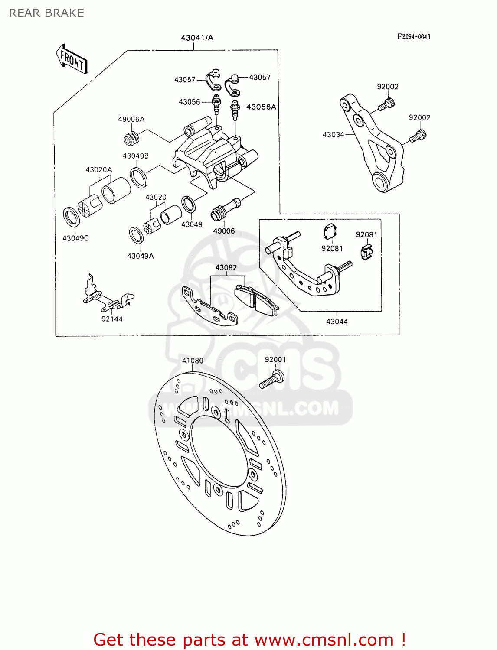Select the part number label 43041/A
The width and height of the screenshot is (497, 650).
197,38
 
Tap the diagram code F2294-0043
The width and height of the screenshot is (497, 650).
414,37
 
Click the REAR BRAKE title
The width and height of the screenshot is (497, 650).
47,13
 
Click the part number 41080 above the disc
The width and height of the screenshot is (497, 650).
193,361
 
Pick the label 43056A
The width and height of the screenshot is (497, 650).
261,107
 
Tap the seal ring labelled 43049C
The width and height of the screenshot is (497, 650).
72,216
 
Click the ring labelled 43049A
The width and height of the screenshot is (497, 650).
137,235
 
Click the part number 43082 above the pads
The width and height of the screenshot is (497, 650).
226,267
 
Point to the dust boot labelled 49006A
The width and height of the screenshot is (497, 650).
131,138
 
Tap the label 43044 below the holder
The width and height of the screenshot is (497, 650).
337,322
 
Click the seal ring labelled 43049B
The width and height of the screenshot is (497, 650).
139,176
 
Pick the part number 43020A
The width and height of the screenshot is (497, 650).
99,170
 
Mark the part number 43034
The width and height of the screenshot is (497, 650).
333,135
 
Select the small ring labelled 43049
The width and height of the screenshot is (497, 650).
188,204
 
